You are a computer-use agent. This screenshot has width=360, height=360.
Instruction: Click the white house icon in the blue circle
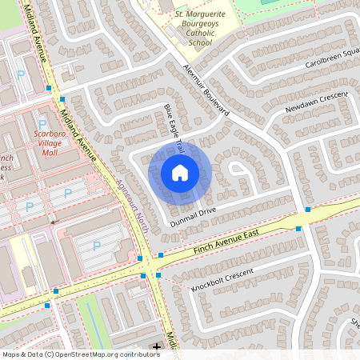180,172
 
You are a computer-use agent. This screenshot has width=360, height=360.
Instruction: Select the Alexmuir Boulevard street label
206,91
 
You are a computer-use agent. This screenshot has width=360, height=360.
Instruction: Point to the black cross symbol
157,346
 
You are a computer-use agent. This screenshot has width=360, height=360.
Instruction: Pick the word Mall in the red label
50,152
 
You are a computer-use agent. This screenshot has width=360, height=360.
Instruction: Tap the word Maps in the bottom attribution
10,354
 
